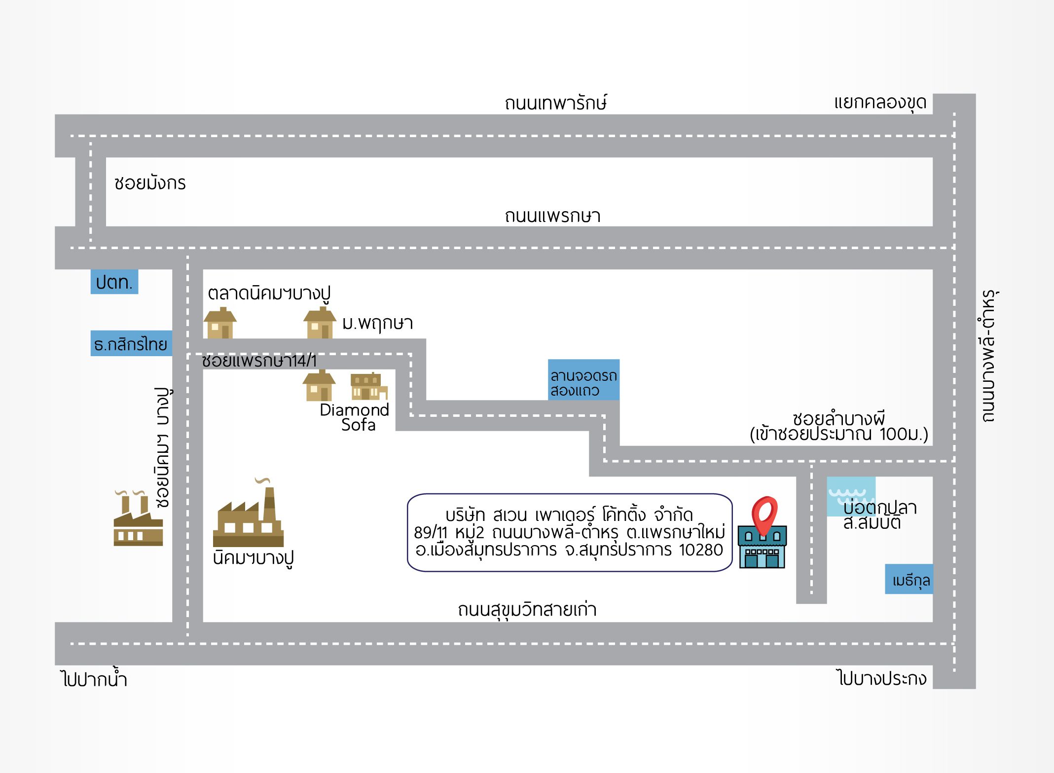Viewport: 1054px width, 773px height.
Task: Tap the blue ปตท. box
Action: pyautogui.click(x=114, y=282)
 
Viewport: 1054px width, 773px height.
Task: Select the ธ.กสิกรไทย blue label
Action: pyautogui.click(x=131, y=344)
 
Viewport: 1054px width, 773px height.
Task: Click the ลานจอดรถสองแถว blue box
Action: pyautogui.click(x=583, y=380)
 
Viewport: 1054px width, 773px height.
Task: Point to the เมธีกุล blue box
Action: pyautogui.click(x=909, y=580)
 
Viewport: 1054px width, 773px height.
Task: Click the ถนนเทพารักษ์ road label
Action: pyautogui.click(x=555, y=103)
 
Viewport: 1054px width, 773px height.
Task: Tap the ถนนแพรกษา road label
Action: pyautogui.click(x=552, y=216)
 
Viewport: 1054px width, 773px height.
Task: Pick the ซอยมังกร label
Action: pyautogui.click(x=150, y=183)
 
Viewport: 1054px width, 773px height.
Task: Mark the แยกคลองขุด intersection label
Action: pyautogui.click(x=880, y=103)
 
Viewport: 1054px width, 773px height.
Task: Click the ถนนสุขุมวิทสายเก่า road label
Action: pyautogui.click(x=527, y=610)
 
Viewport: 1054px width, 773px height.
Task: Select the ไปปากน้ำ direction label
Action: pyautogui.click(x=94, y=679)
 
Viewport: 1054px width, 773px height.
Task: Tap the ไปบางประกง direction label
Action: pyautogui.click(x=882, y=678)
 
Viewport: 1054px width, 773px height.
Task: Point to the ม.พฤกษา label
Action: pyautogui.click(x=377, y=323)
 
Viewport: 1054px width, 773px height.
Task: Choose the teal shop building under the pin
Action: pyautogui.click(x=762, y=548)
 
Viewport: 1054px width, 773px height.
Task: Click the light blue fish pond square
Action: pyautogui.click(x=851, y=496)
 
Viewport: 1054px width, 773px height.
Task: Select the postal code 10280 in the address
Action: pyautogui.click(x=701, y=550)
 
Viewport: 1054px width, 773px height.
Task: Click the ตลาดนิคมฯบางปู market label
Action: pyautogui.click(x=269, y=294)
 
